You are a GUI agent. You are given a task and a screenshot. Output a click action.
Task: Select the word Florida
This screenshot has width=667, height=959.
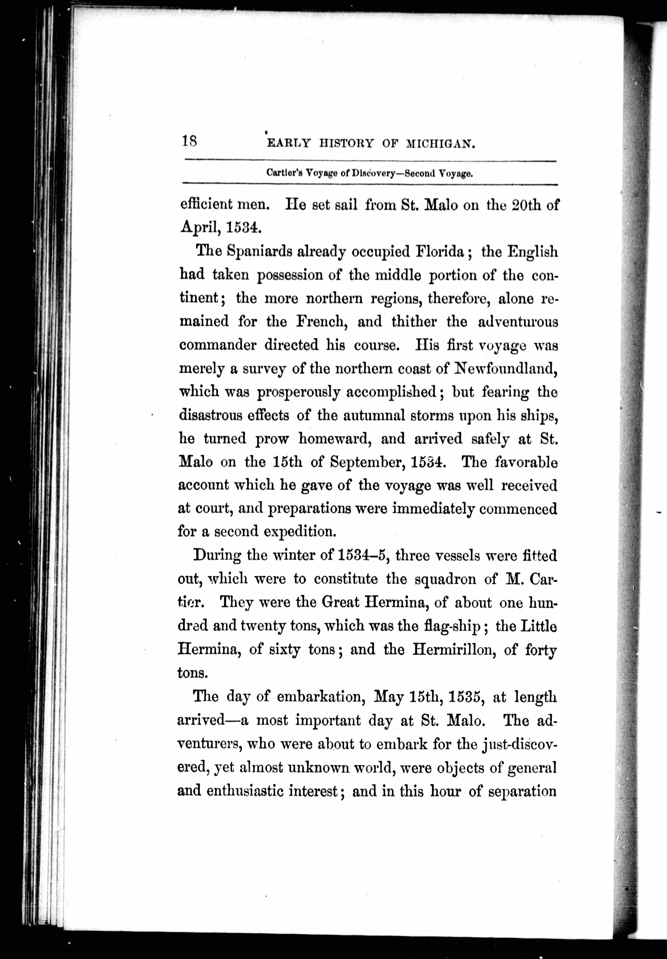coord(440,251)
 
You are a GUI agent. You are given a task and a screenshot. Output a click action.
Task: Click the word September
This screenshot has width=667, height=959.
coord(367,462)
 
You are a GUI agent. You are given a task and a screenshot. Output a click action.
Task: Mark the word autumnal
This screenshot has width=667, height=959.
coord(374,415)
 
